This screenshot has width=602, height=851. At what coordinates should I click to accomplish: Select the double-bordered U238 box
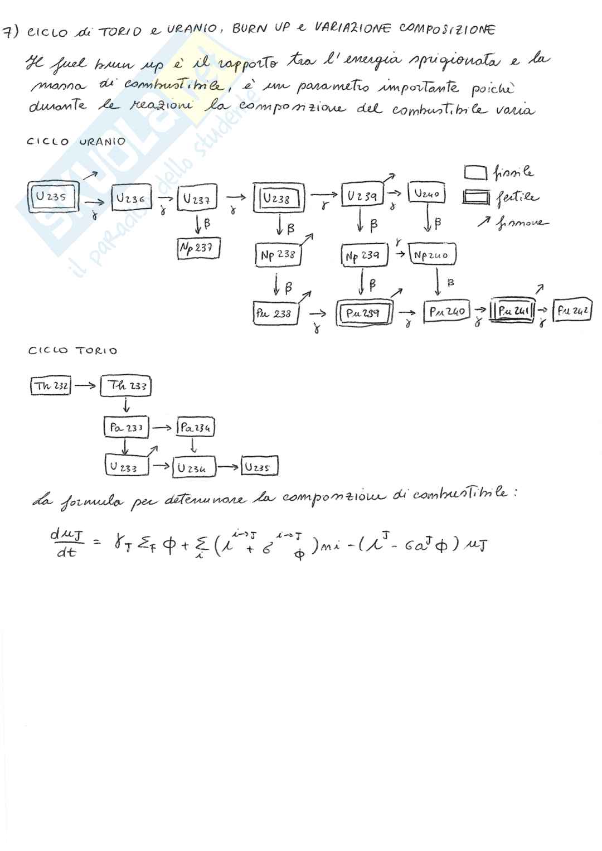pos(278,198)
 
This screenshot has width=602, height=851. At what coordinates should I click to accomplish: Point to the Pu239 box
pos(363,312)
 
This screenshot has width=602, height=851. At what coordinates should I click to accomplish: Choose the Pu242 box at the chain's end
pos(572,310)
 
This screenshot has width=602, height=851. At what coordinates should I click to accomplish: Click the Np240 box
pos(433,255)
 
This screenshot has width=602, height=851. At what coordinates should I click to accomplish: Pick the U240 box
pos(427,194)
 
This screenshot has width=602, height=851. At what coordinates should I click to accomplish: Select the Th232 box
pos(51,386)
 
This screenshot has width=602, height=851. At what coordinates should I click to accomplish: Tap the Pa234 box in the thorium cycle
pos(195,428)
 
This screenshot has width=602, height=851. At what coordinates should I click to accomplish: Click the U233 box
pos(128,466)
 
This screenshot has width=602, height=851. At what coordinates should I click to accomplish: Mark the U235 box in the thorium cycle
pos(259,467)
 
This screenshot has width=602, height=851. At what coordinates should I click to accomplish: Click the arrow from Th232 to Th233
pos(85,385)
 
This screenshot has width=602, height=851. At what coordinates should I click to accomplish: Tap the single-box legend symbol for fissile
pos(475,173)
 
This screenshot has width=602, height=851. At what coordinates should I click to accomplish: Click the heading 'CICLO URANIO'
pos(76,142)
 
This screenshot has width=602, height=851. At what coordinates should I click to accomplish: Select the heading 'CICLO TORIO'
pos(73,351)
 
